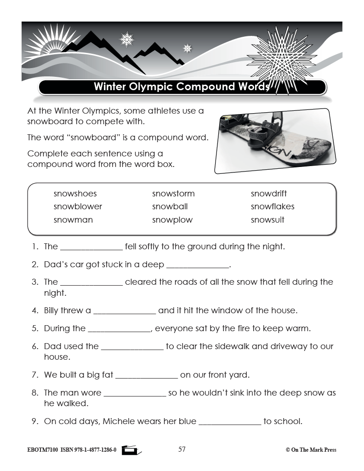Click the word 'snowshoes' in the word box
[x=75, y=194]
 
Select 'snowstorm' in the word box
[x=173, y=194]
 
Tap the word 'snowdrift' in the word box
[x=268, y=194]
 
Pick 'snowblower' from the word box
[x=78, y=207]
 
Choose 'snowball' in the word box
[x=170, y=207]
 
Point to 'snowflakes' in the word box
[x=273, y=207]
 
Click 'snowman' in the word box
[x=73, y=220]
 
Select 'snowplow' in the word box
[x=172, y=220]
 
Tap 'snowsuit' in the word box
[x=267, y=220]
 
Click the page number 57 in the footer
[x=182, y=449]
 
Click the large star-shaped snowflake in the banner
[x=281, y=57]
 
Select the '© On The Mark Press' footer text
[x=311, y=450]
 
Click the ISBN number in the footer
[x=88, y=450]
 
